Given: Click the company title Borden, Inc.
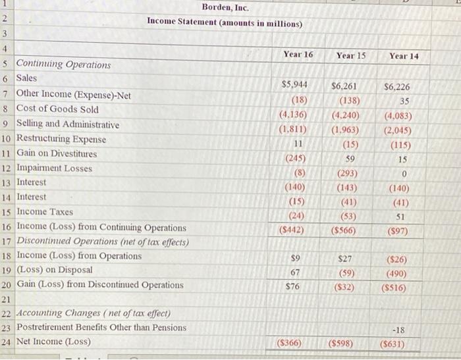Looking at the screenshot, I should tap(225, 7).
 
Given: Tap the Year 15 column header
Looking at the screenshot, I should tap(350, 55).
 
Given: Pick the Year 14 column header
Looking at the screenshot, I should tap(403, 57).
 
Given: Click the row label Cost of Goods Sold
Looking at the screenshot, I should tap(57, 109).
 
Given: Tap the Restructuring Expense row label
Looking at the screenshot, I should tap(61, 139).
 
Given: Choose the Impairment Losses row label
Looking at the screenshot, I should tap(55, 168).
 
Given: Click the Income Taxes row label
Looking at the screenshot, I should tap(45, 212).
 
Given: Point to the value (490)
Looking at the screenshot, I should tap(398, 273).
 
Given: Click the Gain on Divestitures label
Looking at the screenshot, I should tap(57, 153).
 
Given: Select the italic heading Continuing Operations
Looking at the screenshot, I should tap(63, 64).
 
